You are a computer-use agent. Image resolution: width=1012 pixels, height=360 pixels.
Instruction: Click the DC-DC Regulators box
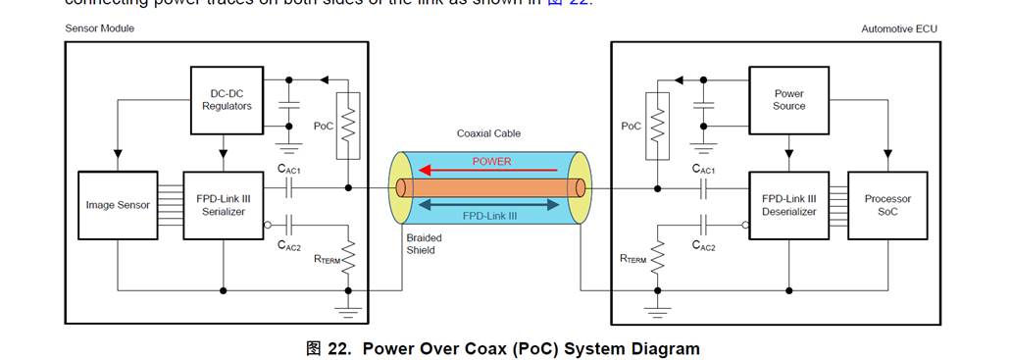pyautogui.click(x=227, y=100)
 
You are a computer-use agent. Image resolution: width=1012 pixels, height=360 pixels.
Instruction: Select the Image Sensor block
pyautogui.click(x=118, y=205)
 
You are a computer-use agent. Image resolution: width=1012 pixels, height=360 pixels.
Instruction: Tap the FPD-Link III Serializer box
pyautogui.click(x=223, y=205)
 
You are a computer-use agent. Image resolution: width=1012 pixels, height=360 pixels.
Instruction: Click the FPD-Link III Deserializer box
pyautogui.click(x=788, y=205)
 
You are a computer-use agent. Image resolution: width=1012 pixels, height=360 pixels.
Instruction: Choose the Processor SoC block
pyautogui.click(x=887, y=205)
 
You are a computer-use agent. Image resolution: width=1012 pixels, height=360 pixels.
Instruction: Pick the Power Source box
pyautogui.click(x=788, y=100)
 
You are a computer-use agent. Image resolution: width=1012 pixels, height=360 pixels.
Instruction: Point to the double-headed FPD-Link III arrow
pyautogui.click(x=491, y=204)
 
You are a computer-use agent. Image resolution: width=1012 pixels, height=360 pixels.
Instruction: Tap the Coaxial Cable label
pyautogui.click(x=488, y=133)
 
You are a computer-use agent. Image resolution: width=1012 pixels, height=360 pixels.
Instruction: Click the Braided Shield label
pyautogui.click(x=424, y=244)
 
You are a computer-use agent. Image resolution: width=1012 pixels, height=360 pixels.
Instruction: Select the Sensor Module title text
pyautogui.click(x=100, y=28)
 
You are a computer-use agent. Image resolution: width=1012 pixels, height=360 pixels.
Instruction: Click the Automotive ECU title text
pyautogui.click(x=898, y=28)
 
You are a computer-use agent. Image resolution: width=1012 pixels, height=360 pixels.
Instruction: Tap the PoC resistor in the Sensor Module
pyautogui.click(x=348, y=126)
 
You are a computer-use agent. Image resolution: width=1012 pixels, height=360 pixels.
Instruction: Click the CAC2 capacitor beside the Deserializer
pyautogui.click(x=703, y=225)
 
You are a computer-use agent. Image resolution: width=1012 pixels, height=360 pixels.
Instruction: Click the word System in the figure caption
pyautogui.click(x=599, y=348)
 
